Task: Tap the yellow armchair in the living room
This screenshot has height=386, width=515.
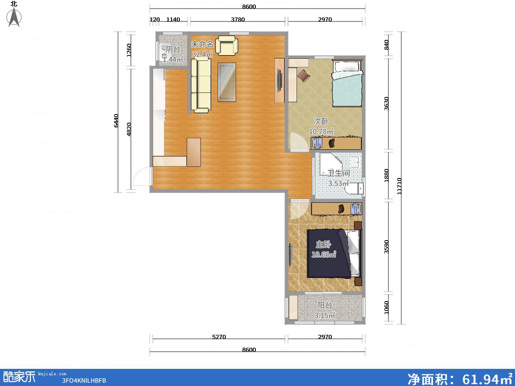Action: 227,45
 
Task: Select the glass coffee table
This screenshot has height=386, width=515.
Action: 227,82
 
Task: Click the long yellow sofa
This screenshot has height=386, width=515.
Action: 201,86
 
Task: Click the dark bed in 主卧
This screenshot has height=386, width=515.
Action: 333,254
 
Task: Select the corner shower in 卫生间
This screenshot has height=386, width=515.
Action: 331,165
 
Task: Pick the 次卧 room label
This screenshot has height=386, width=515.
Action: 321,121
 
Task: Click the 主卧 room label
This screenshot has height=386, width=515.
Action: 323,244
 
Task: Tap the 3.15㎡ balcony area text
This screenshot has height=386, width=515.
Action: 325,316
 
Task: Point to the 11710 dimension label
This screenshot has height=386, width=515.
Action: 399,186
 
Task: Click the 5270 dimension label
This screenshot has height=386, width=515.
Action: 219,337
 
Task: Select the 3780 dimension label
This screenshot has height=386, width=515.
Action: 238,19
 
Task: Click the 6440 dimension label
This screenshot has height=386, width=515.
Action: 116,121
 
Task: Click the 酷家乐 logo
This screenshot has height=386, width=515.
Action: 19,377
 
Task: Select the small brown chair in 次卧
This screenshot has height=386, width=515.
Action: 303,75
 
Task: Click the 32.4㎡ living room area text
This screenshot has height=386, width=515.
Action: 203,54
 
